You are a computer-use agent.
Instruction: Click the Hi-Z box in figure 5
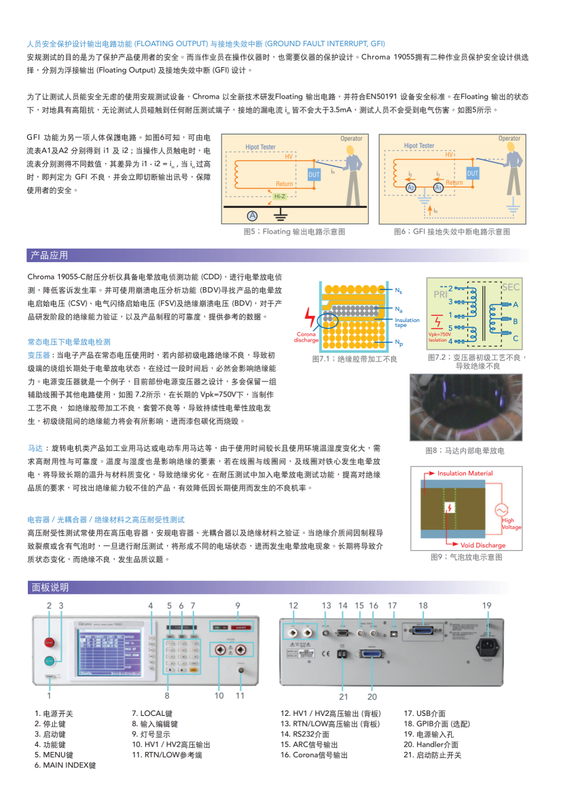click(279, 196)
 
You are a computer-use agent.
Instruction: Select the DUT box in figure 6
click(473, 174)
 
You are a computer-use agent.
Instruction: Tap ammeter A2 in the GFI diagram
click(411, 187)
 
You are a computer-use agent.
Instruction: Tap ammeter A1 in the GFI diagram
click(438, 187)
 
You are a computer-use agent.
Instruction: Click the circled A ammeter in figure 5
click(252, 215)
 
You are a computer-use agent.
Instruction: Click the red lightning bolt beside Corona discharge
click(310, 317)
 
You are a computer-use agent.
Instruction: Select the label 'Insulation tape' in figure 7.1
click(407, 322)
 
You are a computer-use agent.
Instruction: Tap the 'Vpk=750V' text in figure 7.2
click(439, 334)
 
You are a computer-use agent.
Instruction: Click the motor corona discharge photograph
click(466, 408)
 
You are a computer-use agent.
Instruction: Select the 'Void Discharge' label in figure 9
click(483, 545)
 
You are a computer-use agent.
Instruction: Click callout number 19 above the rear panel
click(486, 605)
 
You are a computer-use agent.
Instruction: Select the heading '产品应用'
click(49, 255)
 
